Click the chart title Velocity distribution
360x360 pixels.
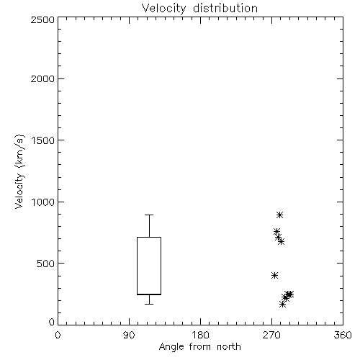pos(199,8)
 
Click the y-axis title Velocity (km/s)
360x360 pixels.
pos(19,171)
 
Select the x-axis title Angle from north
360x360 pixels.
pos(199,347)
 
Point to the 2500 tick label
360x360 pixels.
pos(42,19)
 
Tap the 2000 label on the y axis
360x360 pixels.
pos(42,78)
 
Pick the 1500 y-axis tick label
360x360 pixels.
pos(43,140)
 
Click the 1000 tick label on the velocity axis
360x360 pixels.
pos(43,202)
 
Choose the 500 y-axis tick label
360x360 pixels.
pos(46,264)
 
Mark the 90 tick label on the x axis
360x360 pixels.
pos(129,335)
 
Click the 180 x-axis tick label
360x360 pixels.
pos(200,335)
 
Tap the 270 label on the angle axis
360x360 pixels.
pos(271,335)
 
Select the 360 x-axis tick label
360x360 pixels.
pos(343,335)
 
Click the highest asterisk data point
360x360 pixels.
pos(279,215)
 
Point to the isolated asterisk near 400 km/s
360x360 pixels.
pos(275,275)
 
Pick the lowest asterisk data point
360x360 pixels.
pos(283,305)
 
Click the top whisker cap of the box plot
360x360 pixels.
pos(149,215)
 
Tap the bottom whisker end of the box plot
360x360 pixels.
pos(149,304)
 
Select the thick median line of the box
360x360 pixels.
pos(149,294)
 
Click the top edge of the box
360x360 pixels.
pos(149,237)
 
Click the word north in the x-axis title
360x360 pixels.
pos(229,347)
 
